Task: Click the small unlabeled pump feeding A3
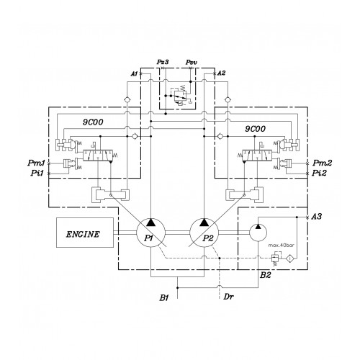coord(258,233)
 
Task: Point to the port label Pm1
coord(36,163)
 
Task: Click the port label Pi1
coord(37,173)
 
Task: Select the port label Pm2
coord(322,163)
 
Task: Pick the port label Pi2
coord(319,173)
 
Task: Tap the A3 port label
coord(316,217)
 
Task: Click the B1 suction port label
coord(164,298)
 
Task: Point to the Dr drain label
coord(228,297)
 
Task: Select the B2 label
coord(266,275)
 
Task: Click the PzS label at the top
coord(163,62)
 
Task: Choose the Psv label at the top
coord(192,63)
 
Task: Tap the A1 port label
coord(134,73)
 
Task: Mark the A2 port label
coord(221,73)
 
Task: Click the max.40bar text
coord(281,246)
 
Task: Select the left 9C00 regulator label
coord(93,122)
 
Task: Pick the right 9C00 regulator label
coord(256,129)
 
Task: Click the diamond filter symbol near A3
coord(289,258)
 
